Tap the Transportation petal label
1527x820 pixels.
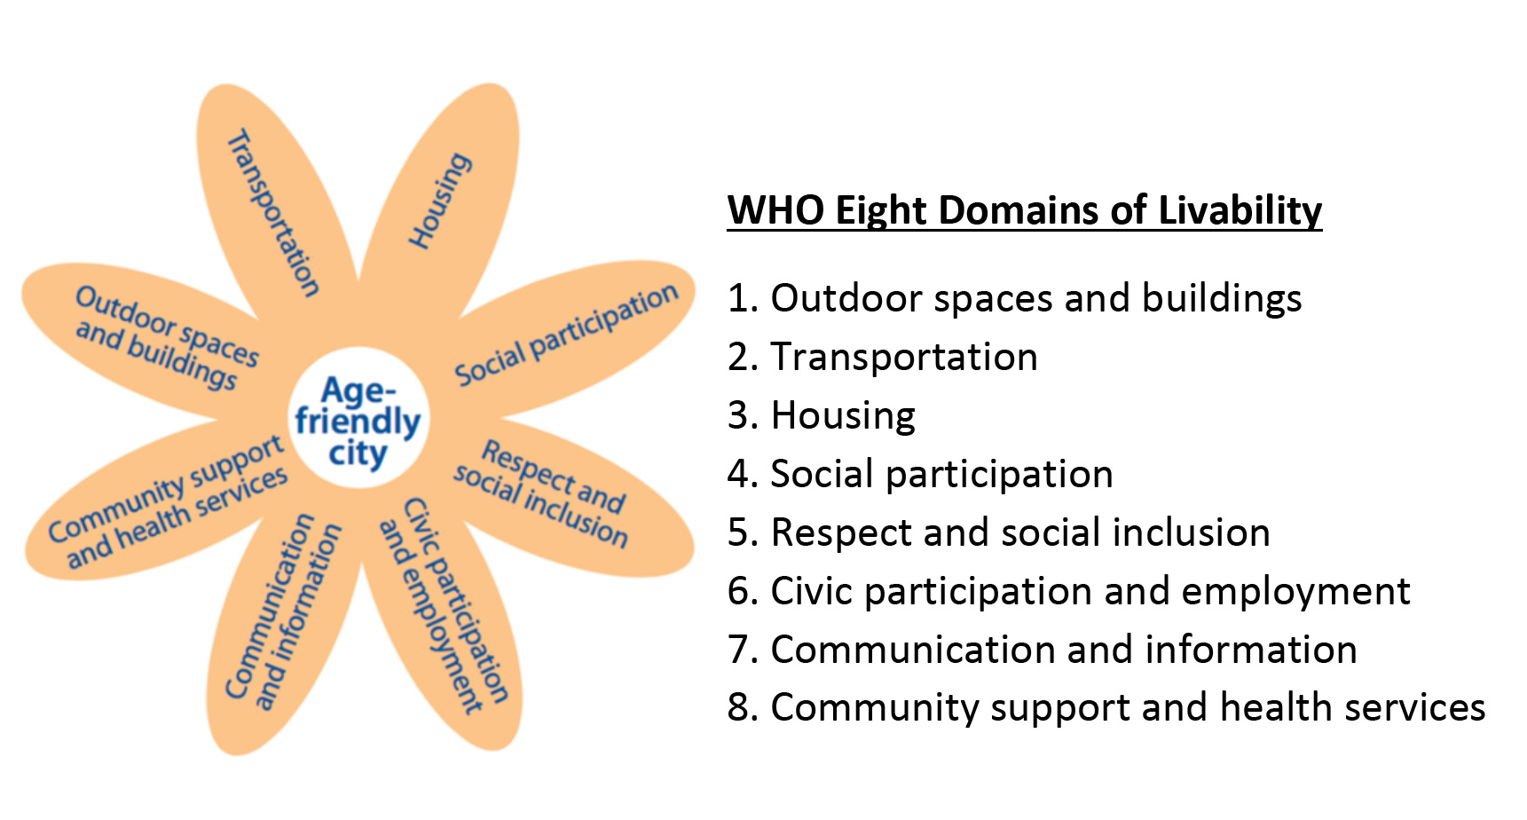(273, 213)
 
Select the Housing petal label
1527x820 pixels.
(438, 201)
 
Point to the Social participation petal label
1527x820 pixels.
(566, 335)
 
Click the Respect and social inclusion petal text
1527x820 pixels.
(541, 493)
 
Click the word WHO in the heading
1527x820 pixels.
(775, 211)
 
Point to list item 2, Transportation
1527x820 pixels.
(882, 357)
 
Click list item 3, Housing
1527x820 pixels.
(821, 415)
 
